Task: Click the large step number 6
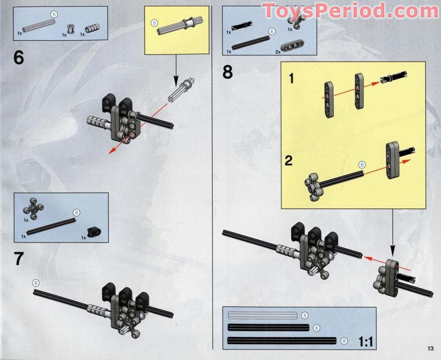coord(19,58)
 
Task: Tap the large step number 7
coord(19,259)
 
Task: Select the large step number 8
coord(227,71)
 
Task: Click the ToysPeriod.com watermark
coord(350,11)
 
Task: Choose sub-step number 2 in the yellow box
coord(289,160)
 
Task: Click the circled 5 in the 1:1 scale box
coord(304,316)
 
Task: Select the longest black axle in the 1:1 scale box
coord(281,341)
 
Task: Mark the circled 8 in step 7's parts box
coord(76,213)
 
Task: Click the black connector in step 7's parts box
coord(93,230)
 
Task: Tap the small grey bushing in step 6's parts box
coord(70,30)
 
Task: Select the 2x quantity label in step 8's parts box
coord(278,52)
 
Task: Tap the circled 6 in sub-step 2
coord(362,165)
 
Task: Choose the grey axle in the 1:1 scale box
coord(262,316)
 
